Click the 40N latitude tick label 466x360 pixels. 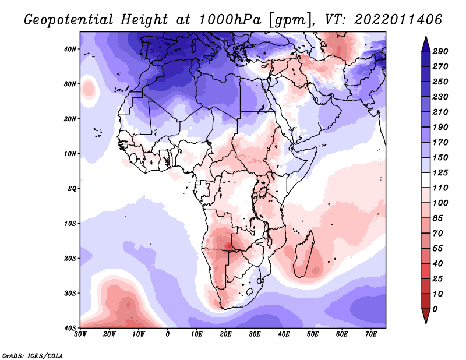(70, 49)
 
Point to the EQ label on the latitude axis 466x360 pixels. (72, 189)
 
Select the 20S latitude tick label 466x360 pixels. (70, 258)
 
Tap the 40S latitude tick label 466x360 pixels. (70, 328)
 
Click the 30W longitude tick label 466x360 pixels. (80, 334)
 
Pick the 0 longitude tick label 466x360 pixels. (168, 334)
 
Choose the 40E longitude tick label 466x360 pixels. (284, 334)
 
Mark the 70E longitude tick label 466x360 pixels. (371, 334)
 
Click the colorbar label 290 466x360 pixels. (440, 52)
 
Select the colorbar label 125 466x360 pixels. (440, 173)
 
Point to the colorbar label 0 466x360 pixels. (435, 308)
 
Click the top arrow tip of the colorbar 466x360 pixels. (425, 37)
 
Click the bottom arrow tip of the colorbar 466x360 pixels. (425, 322)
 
